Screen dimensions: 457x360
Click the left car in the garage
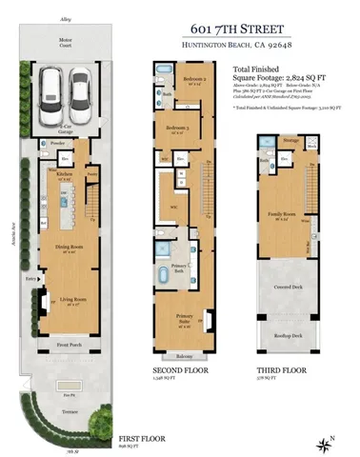54,94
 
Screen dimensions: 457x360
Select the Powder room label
59,145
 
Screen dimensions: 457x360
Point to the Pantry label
91,175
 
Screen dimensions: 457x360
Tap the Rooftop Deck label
283,336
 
